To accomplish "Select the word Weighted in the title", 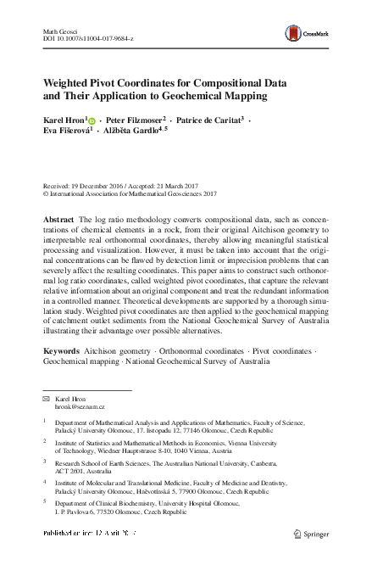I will (70, 83).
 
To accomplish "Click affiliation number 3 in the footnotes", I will (44, 462).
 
